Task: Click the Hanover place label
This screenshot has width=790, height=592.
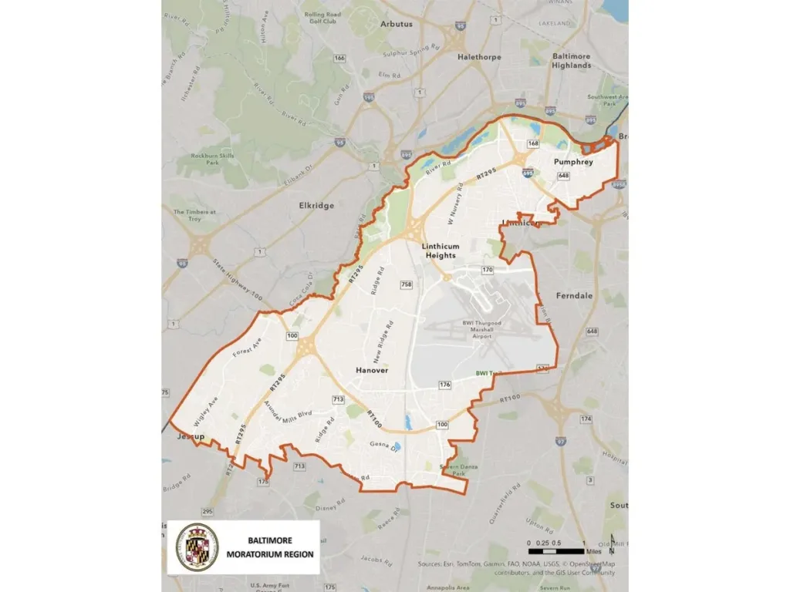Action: pos(372,371)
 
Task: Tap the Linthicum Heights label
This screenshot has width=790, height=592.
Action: pos(441,251)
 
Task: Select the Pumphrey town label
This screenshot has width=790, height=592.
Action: pos(573,162)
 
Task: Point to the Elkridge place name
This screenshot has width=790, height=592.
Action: pos(316,207)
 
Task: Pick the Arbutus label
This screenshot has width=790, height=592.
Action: pos(397,24)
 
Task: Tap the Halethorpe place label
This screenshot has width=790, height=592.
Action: pos(479,57)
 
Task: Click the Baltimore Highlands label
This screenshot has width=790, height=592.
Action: pos(572,61)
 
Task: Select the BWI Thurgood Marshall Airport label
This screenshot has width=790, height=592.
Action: pos(481,330)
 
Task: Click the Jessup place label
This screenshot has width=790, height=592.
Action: pos(190,436)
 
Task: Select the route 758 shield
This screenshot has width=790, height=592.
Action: pos(407,285)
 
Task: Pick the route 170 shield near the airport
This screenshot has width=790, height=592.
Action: pos(487,270)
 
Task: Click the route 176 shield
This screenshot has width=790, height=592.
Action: pos(444,385)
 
